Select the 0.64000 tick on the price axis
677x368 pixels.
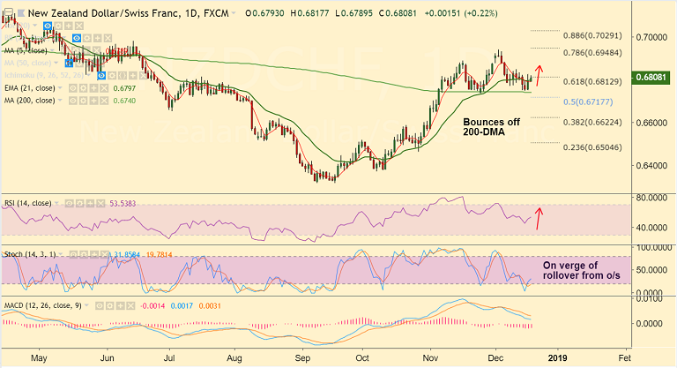coord(652,165)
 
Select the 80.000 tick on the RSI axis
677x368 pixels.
coord(652,198)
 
